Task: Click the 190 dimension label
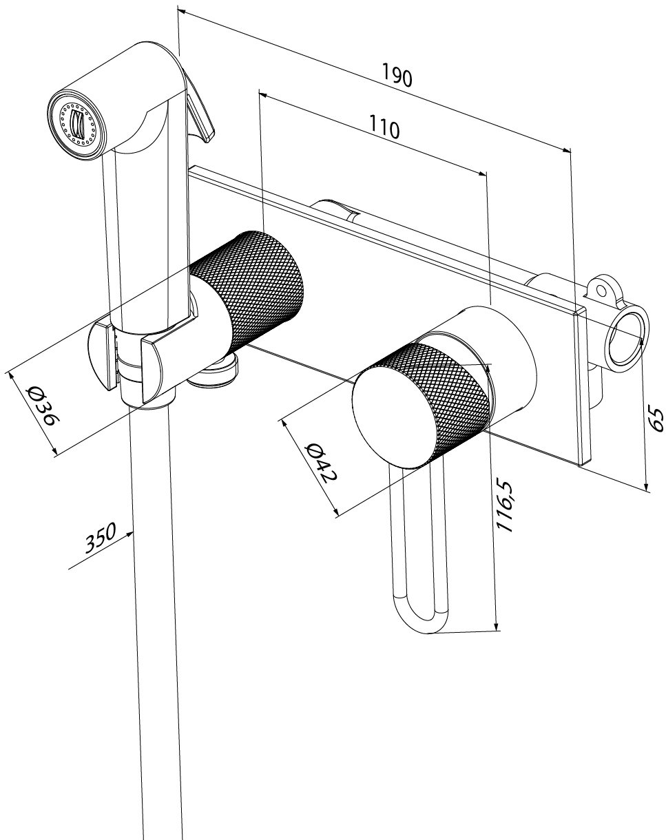(397, 75)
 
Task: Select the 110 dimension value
(384, 127)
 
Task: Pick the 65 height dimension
(656, 419)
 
